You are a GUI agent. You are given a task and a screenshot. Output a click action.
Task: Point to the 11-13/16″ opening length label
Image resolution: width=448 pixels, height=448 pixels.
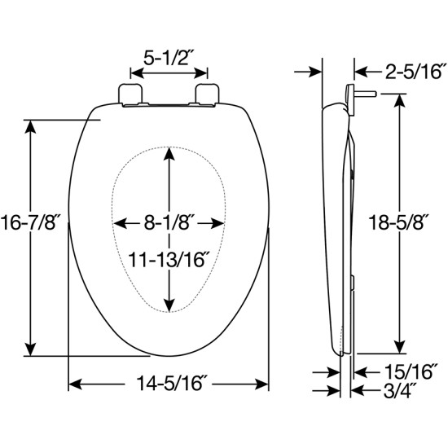tap(169, 260)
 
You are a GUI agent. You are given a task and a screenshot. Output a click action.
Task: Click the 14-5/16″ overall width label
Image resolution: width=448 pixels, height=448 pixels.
tap(169, 382)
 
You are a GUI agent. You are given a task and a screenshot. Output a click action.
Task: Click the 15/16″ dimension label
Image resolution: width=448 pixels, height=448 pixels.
tap(397, 371)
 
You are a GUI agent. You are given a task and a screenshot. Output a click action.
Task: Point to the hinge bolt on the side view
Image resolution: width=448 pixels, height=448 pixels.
tap(364, 94)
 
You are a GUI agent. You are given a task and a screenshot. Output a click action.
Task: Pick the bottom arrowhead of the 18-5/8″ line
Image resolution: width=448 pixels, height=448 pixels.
tap(400, 346)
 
